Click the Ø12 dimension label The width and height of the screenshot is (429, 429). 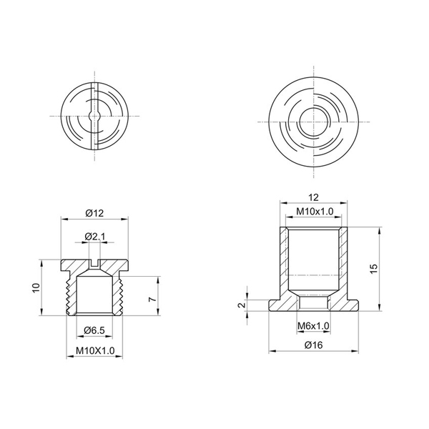click(94, 212)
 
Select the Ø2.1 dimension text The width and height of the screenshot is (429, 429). click(94, 237)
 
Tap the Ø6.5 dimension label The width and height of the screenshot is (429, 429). click(94, 330)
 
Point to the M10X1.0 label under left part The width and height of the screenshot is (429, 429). click(94, 350)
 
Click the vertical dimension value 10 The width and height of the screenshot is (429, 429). click(36, 287)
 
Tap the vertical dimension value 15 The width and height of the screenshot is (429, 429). click(373, 267)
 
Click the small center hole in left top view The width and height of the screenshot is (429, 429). click(94, 115)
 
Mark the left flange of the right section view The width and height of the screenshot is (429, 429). click(280, 304)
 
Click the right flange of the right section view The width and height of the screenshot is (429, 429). click(348, 304)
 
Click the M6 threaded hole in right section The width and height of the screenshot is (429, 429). click(314, 302)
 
